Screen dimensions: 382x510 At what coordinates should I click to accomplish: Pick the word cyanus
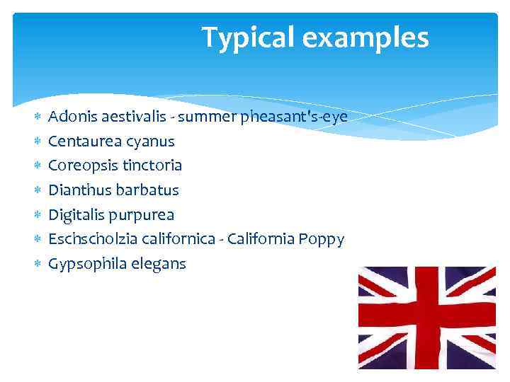(149, 141)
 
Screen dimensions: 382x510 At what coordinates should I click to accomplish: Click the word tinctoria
(152, 166)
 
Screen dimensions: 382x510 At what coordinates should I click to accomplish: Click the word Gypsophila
(86, 265)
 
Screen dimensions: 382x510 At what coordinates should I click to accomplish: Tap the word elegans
(158, 265)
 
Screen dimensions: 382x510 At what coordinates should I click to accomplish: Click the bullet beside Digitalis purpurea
(38, 215)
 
